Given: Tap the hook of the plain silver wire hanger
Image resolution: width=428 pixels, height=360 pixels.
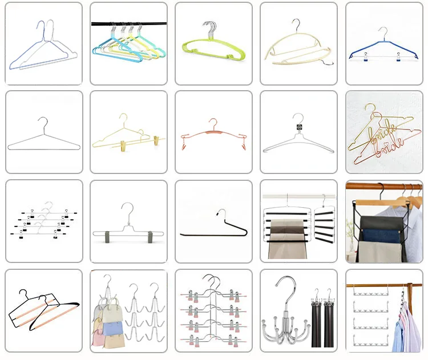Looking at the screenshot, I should tap(42, 122).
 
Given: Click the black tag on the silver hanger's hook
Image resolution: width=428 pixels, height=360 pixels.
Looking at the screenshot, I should tap(297, 126).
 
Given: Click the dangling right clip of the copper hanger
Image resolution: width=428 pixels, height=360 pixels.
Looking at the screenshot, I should tap(245, 148).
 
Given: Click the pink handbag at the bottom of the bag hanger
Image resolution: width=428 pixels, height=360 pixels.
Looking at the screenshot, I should tap(103, 340).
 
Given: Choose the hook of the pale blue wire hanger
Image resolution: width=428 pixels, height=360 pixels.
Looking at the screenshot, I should tap(41, 27).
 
